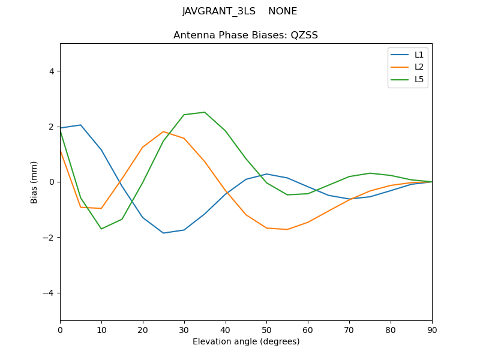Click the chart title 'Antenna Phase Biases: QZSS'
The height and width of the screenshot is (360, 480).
click(245, 35)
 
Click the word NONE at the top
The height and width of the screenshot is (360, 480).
click(283, 11)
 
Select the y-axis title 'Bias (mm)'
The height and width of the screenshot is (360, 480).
click(34, 182)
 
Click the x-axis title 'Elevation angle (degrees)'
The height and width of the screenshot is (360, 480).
click(246, 342)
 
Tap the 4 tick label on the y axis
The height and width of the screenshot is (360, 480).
click(51, 71)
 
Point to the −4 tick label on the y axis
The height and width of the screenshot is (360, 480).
click(49, 293)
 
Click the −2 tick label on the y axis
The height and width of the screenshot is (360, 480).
click(49, 238)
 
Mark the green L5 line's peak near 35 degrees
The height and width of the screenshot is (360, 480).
click(205, 112)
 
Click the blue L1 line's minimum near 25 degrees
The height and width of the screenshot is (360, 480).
click(163, 233)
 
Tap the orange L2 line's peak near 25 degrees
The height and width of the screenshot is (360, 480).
click(163, 131)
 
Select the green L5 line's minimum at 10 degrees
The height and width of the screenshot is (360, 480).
click(101, 229)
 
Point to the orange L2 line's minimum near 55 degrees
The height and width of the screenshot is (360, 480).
click(287, 229)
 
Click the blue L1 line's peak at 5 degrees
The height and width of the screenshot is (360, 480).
click(80, 125)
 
